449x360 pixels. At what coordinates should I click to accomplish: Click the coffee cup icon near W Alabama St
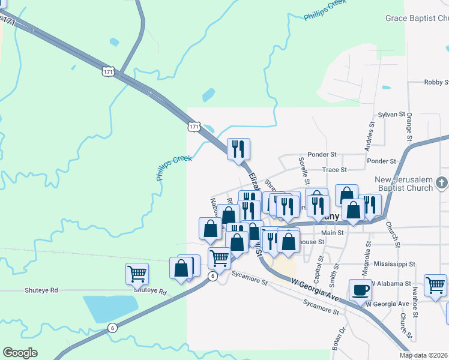[360, 290]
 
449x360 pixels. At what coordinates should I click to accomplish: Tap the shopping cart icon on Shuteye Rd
[137, 274]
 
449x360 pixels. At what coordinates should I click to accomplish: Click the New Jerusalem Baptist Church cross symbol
[442, 181]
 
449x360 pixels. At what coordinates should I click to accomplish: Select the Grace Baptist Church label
[417, 19]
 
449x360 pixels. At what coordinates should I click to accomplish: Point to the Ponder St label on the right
[382, 161]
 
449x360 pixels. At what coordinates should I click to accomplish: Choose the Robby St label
[436, 82]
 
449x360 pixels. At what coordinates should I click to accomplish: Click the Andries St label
[371, 137]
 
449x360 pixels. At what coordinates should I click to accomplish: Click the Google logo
[20, 353]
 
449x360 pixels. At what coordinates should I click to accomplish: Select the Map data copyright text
[424, 355]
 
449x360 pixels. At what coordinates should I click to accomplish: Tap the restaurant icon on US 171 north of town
[238, 149]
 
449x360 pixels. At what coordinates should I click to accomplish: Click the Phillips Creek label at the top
[325, 11]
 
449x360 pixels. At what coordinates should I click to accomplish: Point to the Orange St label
[409, 128]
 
